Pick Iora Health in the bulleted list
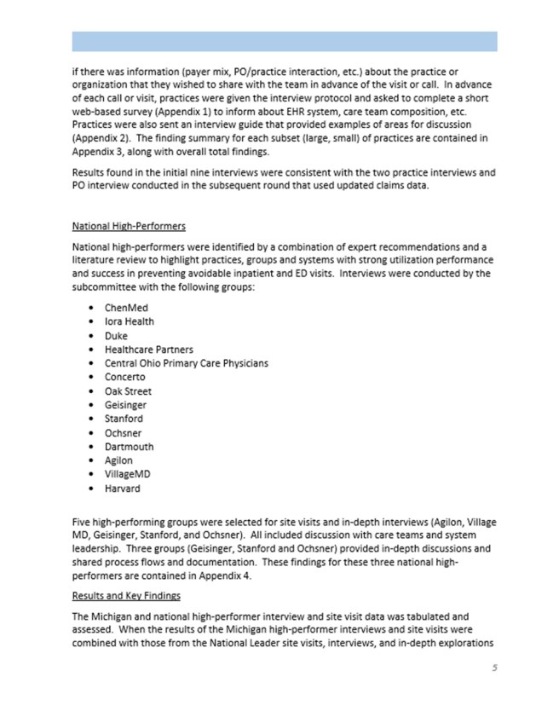click(x=130, y=321)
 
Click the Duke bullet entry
click(x=117, y=335)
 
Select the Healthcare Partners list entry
click(x=149, y=349)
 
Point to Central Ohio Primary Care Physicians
click(x=186, y=362)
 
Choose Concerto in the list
click(x=125, y=377)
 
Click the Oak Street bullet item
click(x=129, y=390)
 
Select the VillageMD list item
click(x=130, y=474)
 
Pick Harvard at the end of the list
click(x=124, y=489)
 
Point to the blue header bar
click(x=284, y=41)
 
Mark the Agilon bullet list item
click(x=119, y=460)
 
